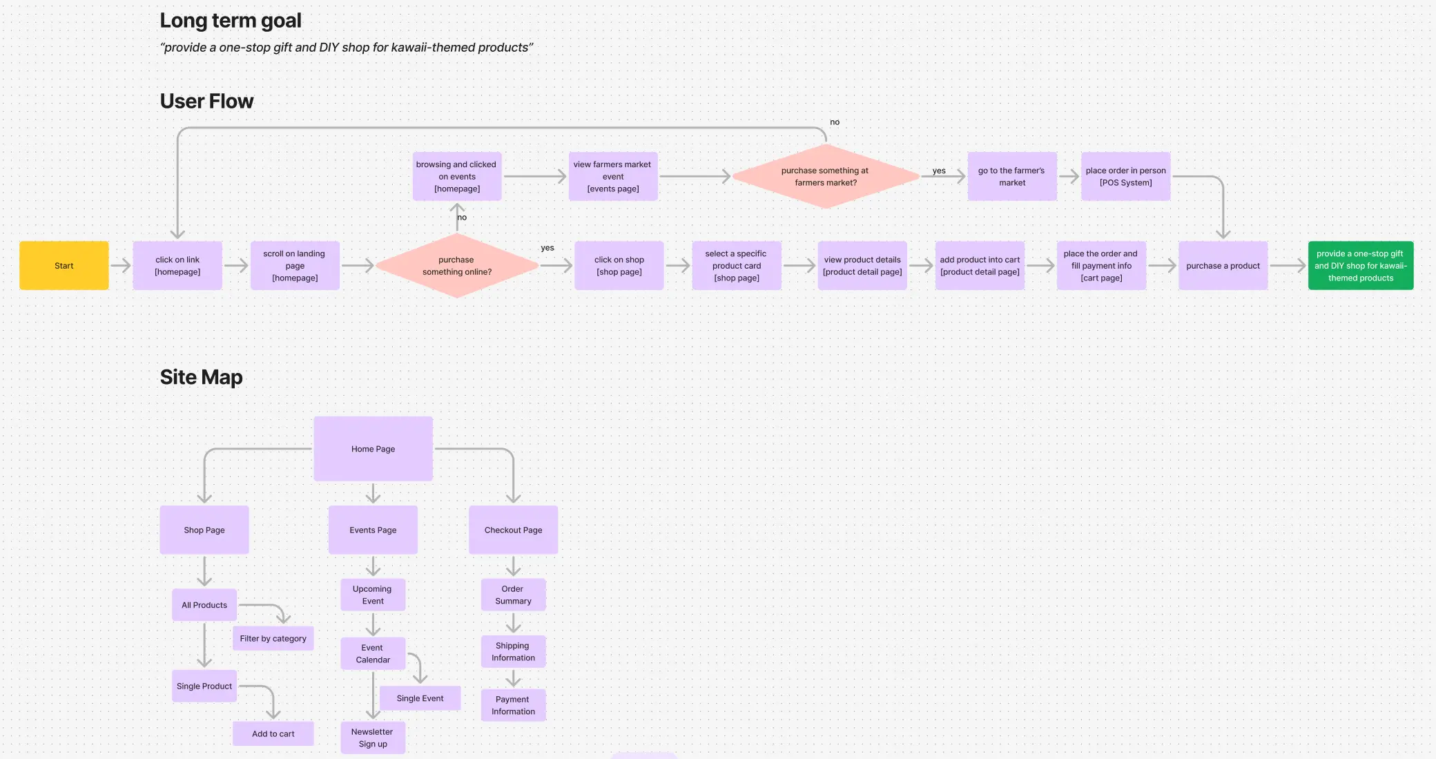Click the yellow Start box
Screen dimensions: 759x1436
64,266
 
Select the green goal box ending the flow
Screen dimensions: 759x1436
1360,266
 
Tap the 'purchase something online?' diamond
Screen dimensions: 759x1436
456,266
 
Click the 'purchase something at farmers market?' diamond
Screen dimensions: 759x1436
825,177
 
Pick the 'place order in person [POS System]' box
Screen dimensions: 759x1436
1125,177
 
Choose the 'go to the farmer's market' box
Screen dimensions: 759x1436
1011,177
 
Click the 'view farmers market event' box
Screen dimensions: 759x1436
612,177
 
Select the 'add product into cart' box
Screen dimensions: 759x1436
980,266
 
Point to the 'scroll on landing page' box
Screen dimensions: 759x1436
295,266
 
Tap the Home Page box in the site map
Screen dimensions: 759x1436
373,449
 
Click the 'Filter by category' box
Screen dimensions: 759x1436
273,639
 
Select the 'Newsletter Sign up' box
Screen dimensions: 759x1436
373,738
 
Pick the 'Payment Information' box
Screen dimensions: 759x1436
513,705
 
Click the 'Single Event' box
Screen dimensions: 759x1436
420,698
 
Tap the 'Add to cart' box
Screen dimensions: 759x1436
273,733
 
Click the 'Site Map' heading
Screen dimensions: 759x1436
201,377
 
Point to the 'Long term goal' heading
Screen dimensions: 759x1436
231,21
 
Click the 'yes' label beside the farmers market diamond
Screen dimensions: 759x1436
939,171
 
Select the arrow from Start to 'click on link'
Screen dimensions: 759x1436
121,265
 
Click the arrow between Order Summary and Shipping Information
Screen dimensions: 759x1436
513,624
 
